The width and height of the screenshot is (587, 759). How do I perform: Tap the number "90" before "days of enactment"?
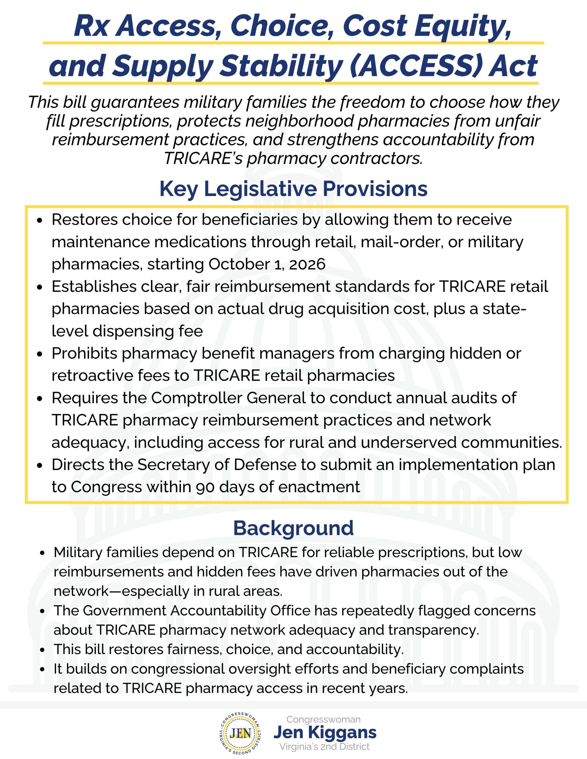point(205,487)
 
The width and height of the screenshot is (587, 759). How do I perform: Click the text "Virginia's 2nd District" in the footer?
point(324,746)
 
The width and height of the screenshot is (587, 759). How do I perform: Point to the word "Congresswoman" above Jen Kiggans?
point(323,719)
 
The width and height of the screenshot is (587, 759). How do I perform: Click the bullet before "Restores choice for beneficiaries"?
point(40,220)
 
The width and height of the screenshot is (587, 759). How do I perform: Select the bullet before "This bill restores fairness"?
point(42,650)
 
